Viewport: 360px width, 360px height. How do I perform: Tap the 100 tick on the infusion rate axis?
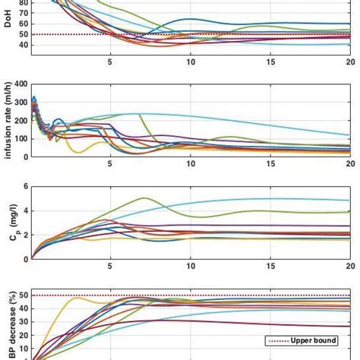19,138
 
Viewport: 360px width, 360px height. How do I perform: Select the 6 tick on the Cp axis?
24,187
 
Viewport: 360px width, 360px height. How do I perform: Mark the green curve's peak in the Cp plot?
143,198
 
